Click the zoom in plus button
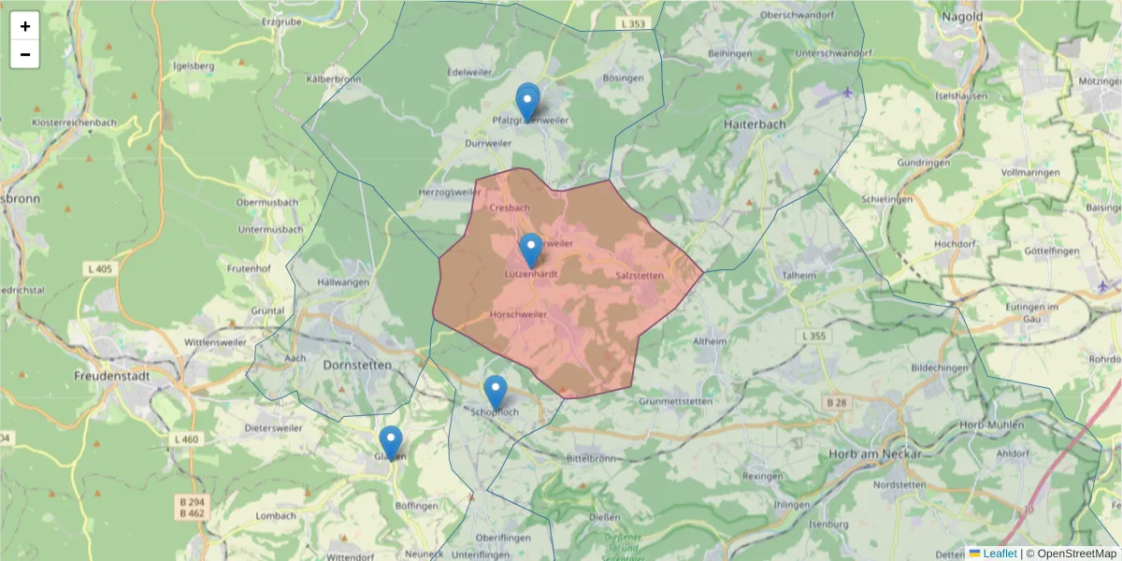[25, 26]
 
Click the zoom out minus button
[25, 54]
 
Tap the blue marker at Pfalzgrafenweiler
[528, 102]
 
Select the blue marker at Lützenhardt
[530, 251]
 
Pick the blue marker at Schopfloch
[496, 393]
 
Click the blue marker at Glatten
[391, 443]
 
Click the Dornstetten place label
[356, 366]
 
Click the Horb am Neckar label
[875, 454]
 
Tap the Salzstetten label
[640, 275]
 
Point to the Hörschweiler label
[519, 315]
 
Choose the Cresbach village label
[510, 208]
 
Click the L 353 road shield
[633, 22]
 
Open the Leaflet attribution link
[1000, 554]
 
